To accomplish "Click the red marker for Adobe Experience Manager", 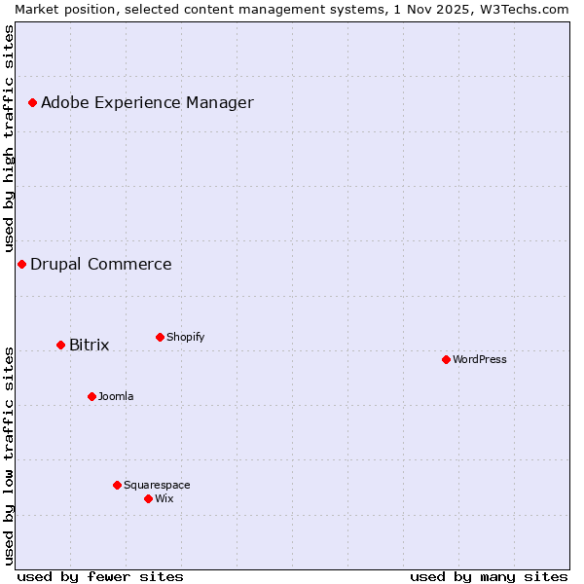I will pos(32,102).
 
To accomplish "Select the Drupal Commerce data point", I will pos(21,264).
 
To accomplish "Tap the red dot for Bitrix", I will pos(60,345).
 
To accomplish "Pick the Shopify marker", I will pos(160,337).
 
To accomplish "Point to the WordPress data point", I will pos(446,359).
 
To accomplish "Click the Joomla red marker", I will pos(91,396).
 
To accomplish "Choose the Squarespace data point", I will pos(117,485).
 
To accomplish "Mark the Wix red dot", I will pos(148,498).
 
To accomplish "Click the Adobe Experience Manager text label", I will pos(147,103).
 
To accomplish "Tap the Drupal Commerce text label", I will pos(101,265).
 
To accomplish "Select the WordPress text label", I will pos(480,359).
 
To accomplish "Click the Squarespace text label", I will pos(157,485).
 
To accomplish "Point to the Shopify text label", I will pos(185,337).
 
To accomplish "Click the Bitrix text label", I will pos(89,346).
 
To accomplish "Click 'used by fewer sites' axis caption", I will pos(100,576).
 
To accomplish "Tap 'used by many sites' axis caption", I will pos(489,576).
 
